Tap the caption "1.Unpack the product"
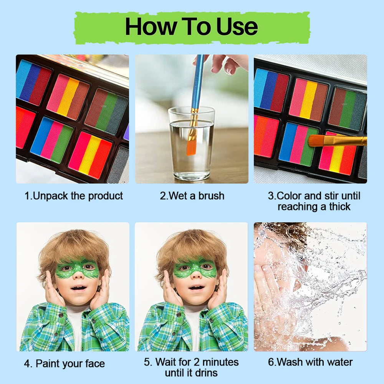(74, 196)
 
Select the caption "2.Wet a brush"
(192, 196)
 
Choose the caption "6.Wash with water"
(310, 362)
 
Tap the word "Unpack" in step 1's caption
(51, 196)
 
